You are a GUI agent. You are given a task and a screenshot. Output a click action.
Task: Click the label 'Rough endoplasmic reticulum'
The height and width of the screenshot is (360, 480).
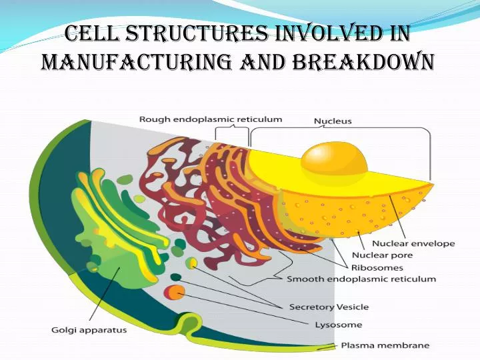coord(210,119)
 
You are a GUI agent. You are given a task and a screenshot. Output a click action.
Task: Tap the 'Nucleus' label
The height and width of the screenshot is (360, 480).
coord(333,121)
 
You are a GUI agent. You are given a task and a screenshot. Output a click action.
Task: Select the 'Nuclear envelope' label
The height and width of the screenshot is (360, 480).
coord(413,243)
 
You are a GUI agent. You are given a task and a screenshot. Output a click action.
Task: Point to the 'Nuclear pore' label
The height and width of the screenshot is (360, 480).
coord(382,255)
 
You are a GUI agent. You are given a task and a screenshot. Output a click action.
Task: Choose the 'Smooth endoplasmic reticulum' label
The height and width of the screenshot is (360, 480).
coord(361,279)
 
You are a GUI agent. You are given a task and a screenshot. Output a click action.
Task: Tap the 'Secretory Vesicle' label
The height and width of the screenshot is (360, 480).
coord(329,307)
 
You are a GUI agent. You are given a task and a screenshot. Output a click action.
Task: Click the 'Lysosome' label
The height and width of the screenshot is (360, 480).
coord(339,325)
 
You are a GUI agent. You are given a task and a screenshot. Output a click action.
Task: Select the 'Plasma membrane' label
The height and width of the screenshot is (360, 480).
coord(385,345)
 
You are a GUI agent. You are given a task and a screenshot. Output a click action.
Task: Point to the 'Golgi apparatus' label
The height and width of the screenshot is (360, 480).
coord(89,329)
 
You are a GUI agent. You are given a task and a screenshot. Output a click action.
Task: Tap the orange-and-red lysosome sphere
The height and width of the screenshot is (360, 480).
coord(176,292)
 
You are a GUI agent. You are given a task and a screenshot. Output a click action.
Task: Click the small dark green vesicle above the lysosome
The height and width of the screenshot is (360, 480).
coord(175,277)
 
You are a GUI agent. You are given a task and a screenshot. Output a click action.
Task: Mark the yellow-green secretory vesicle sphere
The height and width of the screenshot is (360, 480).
coord(191,263)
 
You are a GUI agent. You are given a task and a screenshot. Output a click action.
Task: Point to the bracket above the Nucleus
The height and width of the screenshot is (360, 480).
coord(340,131)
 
